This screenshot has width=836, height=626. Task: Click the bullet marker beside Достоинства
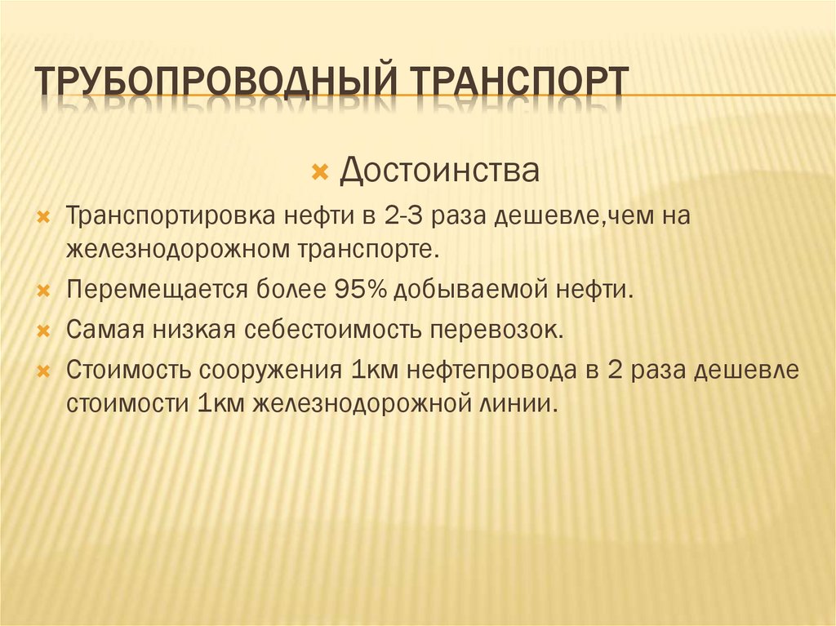[x=321, y=173]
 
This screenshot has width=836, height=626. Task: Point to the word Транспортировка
[x=174, y=218]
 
